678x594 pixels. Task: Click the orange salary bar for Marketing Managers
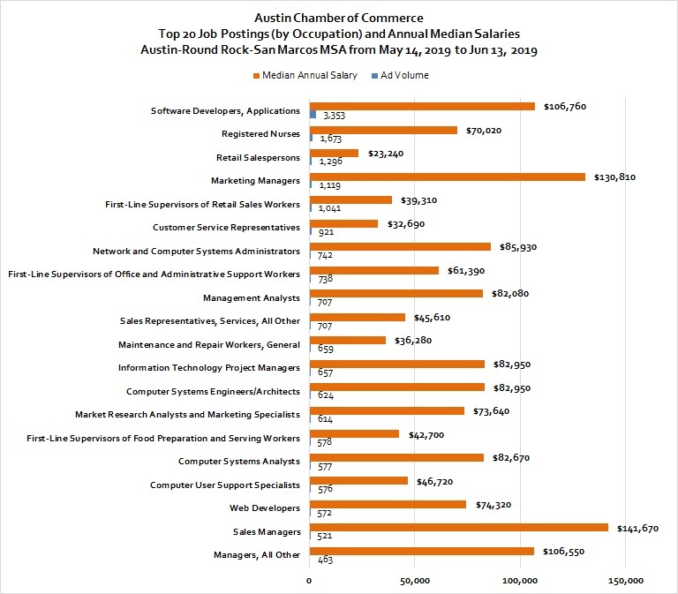pyautogui.click(x=448, y=177)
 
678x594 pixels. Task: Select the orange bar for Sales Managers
pyautogui.click(x=459, y=528)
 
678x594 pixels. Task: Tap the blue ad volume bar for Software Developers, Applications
pyautogui.click(x=313, y=115)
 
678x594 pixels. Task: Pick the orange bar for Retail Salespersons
pyautogui.click(x=335, y=153)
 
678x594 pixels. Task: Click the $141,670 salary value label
pyautogui.click(x=637, y=529)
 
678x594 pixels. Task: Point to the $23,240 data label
pyautogui.click(x=386, y=154)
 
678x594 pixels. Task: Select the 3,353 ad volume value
pyautogui.click(x=334, y=116)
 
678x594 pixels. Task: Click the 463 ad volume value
pyautogui.click(x=325, y=560)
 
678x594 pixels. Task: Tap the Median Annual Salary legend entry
pyautogui.click(x=305, y=75)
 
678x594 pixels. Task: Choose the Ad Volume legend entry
pyautogui.click(x=401, y=75)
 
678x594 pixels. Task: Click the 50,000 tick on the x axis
pyautogui.click(x=415, y=581)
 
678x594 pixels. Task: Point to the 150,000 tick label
pyautogui.click(x=626, y=581)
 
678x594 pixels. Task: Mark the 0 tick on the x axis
pyautogui.click(x=309, y=581)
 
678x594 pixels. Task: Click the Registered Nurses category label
pyautogui.click(x=260, y=134)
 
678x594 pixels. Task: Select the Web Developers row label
pyautogui.click(x=265, y=508)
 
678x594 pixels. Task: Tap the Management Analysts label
pyautogui.click(x=252, y=297)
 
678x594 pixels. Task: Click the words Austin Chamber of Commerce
pyautogui.click(x=339, y=18)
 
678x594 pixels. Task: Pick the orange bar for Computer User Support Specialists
pyautogui.click(x=359, y=481)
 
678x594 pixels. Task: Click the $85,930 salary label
pyautogui.click(x=518, y=247)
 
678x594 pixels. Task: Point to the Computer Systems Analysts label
pyautogui.click(x=238, y=462)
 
